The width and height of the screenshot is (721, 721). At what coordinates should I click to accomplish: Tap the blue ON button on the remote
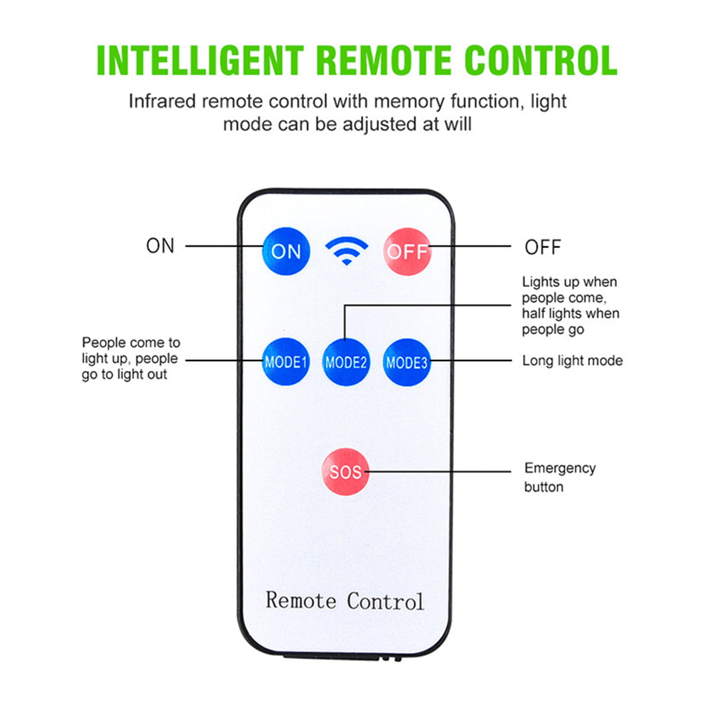pyautogui.click(x=286, y=251)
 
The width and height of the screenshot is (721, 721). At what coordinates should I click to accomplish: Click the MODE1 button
pyautogui.click(x=286, y=362)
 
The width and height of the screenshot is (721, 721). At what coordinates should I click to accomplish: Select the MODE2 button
pyautogui.click(x=345, y=362)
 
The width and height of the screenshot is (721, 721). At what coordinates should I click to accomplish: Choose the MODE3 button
pyautogui.click(x=407, y=362)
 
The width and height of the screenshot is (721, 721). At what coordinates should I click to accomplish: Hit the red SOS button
pyautogui.click(x=345, y=472)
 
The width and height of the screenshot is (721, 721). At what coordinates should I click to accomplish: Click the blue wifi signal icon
pyautogui.click(x=346, y=251)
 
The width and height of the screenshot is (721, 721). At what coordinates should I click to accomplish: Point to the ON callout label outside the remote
pyautogui.click(x=160, y=246)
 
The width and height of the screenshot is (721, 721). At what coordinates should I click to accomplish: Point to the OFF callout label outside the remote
pyautogui.click(x=543, y=247)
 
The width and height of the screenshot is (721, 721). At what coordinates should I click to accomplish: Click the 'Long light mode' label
pyautogui.click(x=572, y=360)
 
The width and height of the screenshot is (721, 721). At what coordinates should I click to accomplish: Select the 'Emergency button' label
pyautogui.click(x=559, y=477)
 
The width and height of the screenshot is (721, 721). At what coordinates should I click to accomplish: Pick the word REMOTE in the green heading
pyautogui.click(x=383, y=61)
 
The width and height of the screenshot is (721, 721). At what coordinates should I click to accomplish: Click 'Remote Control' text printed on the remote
pyautogui.click(x=345, y=601)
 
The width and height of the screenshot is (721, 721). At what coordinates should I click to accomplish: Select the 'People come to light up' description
pyautogui.click(x=130, y=359)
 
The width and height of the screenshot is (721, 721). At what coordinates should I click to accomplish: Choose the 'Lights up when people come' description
pyautogui.click(x=570, y=305)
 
